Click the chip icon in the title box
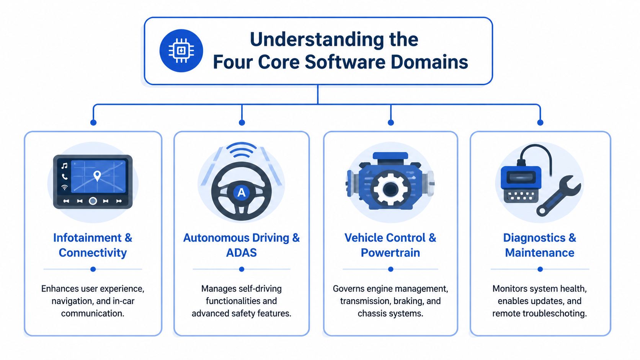[181, 50]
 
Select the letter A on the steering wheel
[242, 192]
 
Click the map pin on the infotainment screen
[97, 176]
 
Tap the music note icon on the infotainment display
[64, 166]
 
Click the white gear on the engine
[390, 189]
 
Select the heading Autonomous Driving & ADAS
[242, 245]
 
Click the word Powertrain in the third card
[390, 253]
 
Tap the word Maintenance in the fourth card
[539, 253]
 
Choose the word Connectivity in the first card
[93, 253]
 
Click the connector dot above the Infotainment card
[93, 122]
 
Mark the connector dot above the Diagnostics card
[540, 122]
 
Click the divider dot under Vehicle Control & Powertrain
[390, 269]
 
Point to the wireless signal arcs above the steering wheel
[242, 150]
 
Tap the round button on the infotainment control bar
[93, 201]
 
